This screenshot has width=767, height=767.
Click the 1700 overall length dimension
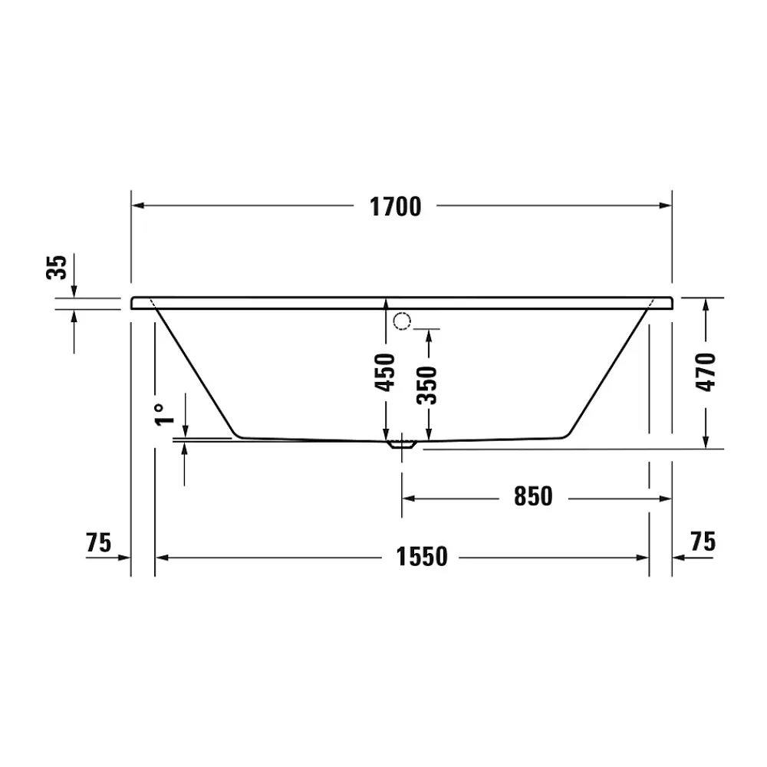click(395, 206)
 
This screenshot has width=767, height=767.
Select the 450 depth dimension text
click(385, 372)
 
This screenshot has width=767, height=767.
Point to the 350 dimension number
click(426, 385)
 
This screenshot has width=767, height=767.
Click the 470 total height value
click(706, 372)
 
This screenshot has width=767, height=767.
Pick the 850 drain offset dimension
click(533, 496)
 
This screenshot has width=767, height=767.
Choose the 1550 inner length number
click(422, 557)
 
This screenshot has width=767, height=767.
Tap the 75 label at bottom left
click(99, 542)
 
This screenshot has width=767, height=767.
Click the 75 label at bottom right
click(703, 542)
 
